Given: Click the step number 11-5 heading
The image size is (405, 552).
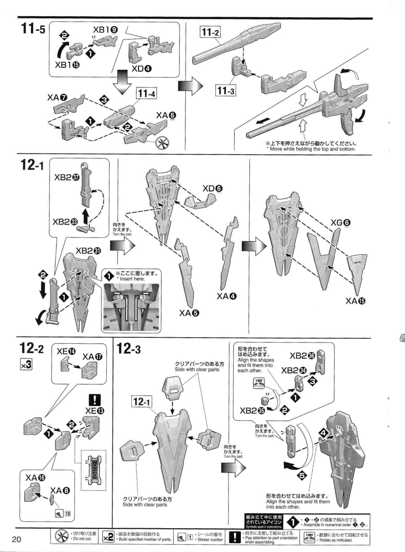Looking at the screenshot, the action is pyautogui.click(x=33, y=29).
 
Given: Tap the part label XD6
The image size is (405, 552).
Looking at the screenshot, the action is pyautogui.click(x=213, y=189).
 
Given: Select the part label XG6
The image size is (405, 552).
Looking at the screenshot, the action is pyautogui.click(x=340, y=222).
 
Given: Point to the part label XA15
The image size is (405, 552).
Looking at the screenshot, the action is pyautogui.click(x=355, y=301).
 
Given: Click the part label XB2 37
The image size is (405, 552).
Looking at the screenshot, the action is pyautogui.click(x=67, y=177).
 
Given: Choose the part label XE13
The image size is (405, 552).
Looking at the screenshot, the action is pyautogui.click(x=95, y=411).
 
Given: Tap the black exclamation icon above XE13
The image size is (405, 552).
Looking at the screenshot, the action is pyautogui.click(x=94, y=400).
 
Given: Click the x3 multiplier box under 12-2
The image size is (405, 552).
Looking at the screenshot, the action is pyautogui.click(x=26, y=365).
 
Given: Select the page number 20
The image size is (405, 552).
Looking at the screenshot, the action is pyautogui.click(x=17, y=539).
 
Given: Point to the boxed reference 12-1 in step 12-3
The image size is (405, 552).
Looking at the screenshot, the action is pyautogui.click(x=142, y=401).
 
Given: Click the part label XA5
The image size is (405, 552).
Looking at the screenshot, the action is pyautogui.click(x=189, y=313).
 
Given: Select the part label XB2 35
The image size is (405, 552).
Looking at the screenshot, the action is pyautogui.click(x=252, y=411).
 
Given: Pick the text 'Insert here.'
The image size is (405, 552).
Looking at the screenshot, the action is pyautogui.click(x=132, y=279).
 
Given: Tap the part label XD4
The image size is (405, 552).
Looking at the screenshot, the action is pyautogui.click(x=142, y=69).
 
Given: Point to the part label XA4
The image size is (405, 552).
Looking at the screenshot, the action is pyautogui.click(x=226, y=296).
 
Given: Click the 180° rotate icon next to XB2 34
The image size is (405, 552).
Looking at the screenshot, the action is pyautogui.click(x=259, y=383).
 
